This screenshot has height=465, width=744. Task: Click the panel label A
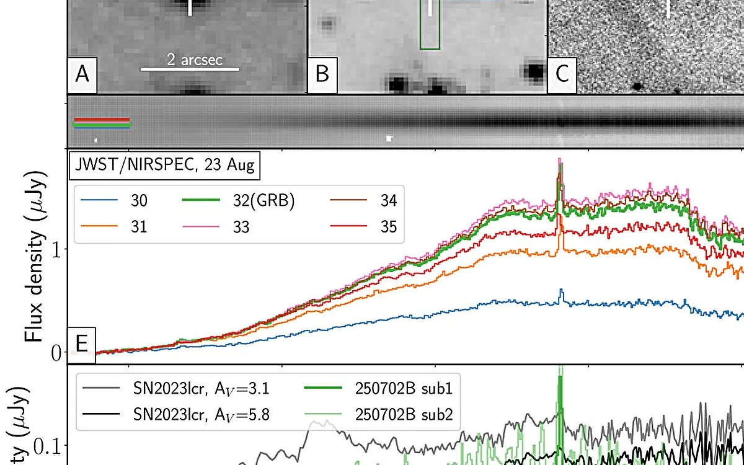pos(82,74)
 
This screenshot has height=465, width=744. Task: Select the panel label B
pos(322,74)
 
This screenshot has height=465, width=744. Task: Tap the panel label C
pos(562,74)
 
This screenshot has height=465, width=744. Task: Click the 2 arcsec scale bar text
pos(194,60)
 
